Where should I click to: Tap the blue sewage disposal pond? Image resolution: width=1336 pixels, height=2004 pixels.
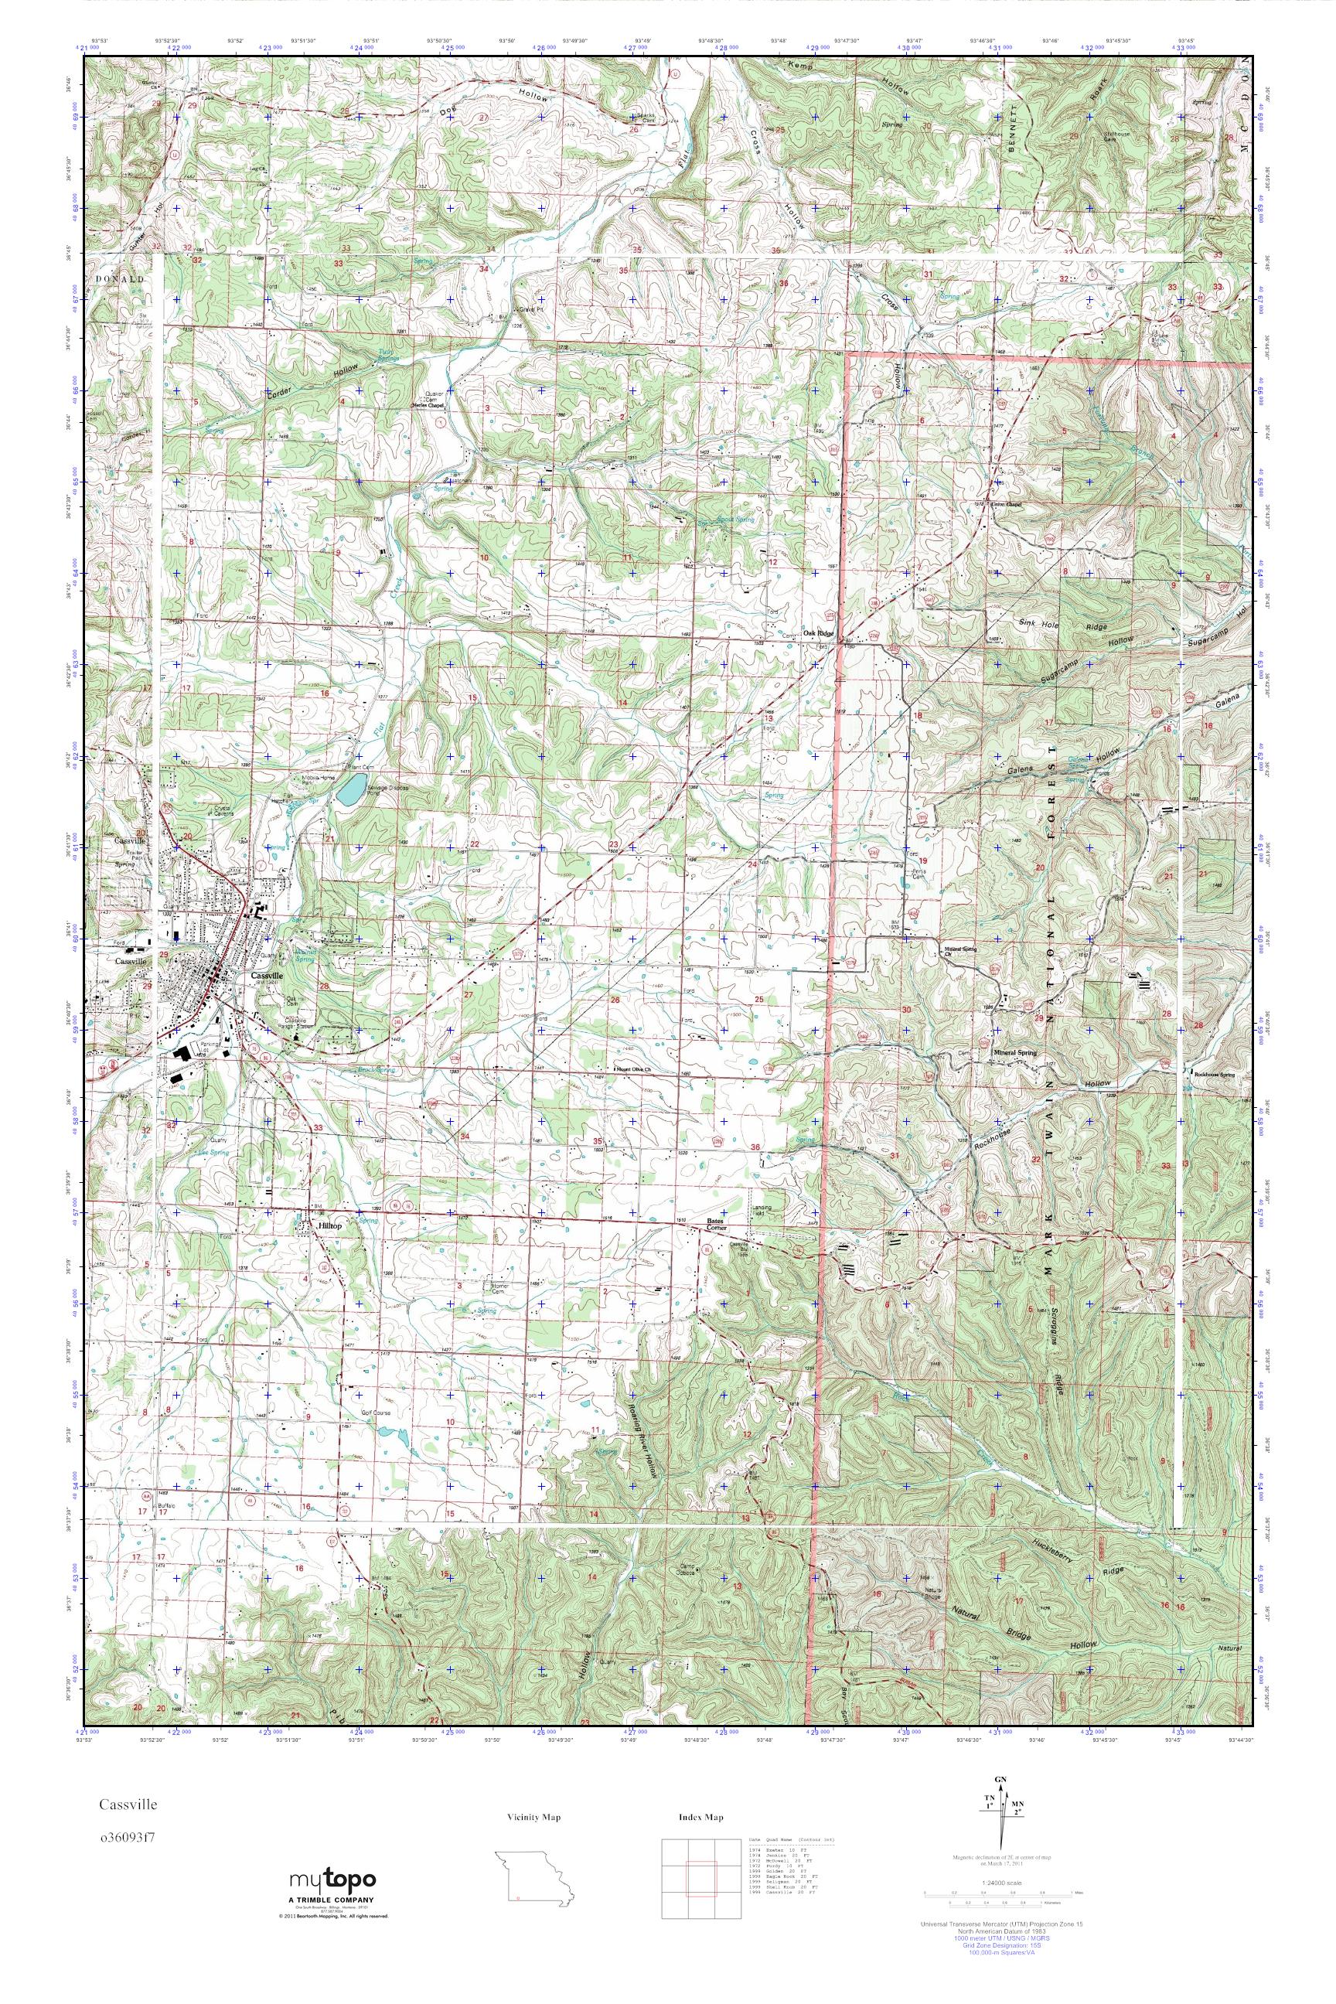(349, 793)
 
